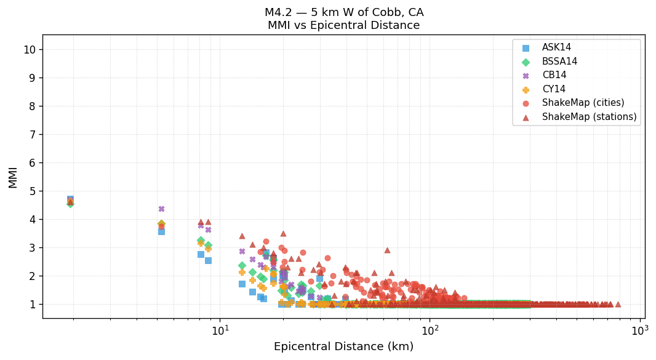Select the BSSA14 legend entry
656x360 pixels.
(x=559, y=62)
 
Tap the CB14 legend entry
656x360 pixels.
(x=554, y=76)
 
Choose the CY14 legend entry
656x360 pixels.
(x=553, y=89)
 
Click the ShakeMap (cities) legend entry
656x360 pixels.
(x=583, y=103)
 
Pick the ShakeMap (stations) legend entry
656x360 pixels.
(x=589, y=117)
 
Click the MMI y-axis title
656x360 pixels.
(x=13, y=177)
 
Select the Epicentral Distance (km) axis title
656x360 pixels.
(x=343, y=347)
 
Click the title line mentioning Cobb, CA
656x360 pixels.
(x=343, y=12)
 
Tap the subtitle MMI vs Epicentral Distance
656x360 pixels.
(x=343, y=26)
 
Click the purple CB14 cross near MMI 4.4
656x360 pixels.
(x=161, y=209)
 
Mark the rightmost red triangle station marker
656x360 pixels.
(x=618, y=304)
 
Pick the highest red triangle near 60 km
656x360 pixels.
(x=387, y=250)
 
